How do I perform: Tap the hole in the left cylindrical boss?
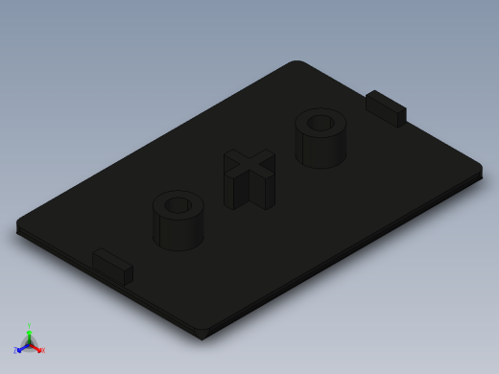(x=178, y=205)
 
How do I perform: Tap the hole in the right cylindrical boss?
(x=321, y=123)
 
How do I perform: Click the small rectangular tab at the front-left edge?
(x=112, y=265)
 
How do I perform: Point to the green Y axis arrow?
(x=29, y=332)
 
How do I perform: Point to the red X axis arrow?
(x=36, y=347)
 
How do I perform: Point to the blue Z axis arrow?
(x=22, y=347)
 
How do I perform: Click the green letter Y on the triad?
(x=29, y=325)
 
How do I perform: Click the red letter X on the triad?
(x=42, y=350)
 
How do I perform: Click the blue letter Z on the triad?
(x=16, y=351)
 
